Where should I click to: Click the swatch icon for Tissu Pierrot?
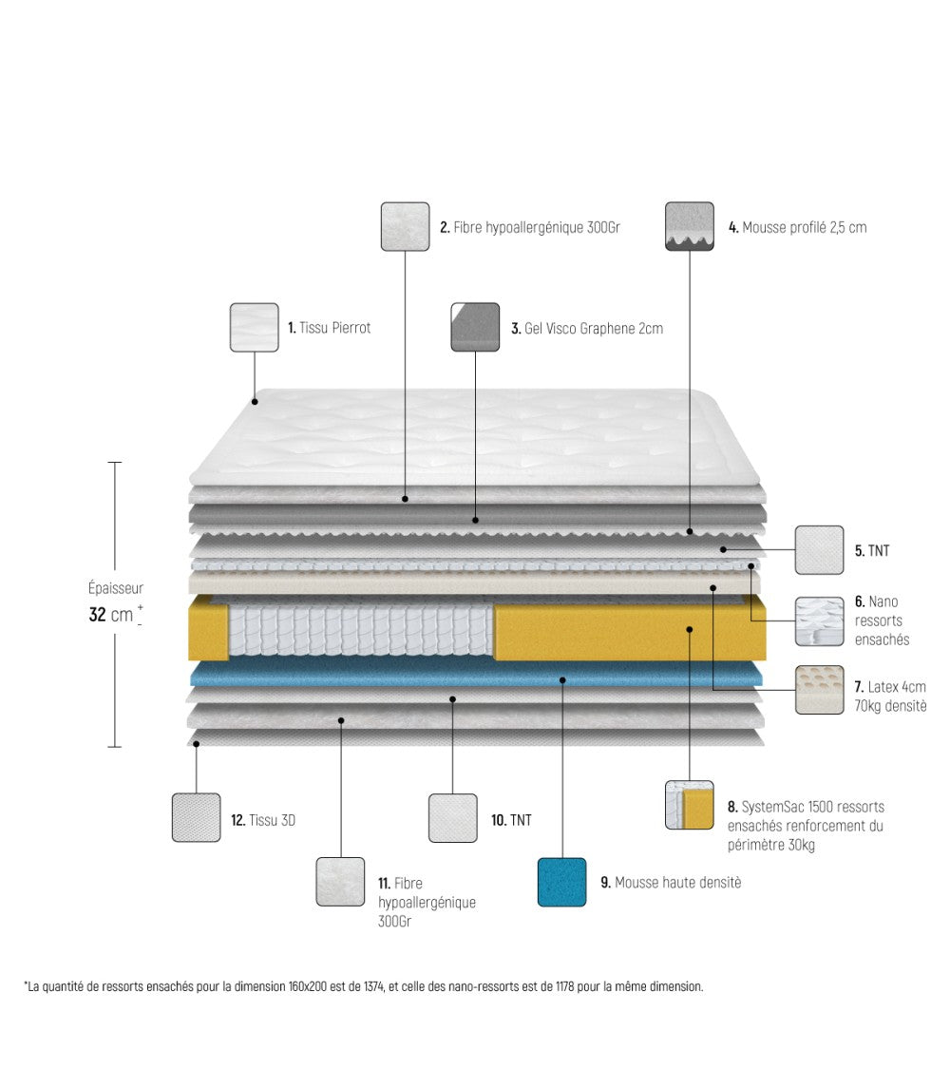(x=254, y=328)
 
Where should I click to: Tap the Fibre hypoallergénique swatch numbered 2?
(x=405, y=226)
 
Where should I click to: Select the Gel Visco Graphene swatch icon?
(x=475, y=327)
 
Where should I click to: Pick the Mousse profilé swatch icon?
(x=690, y=226)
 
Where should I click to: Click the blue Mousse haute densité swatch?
(x=561, y=882)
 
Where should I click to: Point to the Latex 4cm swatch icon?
(x=819, y=690)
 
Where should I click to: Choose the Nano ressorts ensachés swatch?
(x=819, y=621)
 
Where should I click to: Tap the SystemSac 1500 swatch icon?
(x=689, y=805)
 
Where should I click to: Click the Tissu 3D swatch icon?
(x=196, y=817)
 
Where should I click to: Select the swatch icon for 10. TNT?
(x=452, y=818)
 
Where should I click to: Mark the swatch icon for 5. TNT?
(x=819, y=550)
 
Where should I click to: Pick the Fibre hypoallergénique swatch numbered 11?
(x=340, y=882)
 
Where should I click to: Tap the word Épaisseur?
(x=116, y=589)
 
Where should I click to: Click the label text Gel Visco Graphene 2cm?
(x=593, y=329)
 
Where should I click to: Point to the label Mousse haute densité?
(x=677, y=883)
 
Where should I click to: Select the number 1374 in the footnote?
(x=371, y=986)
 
